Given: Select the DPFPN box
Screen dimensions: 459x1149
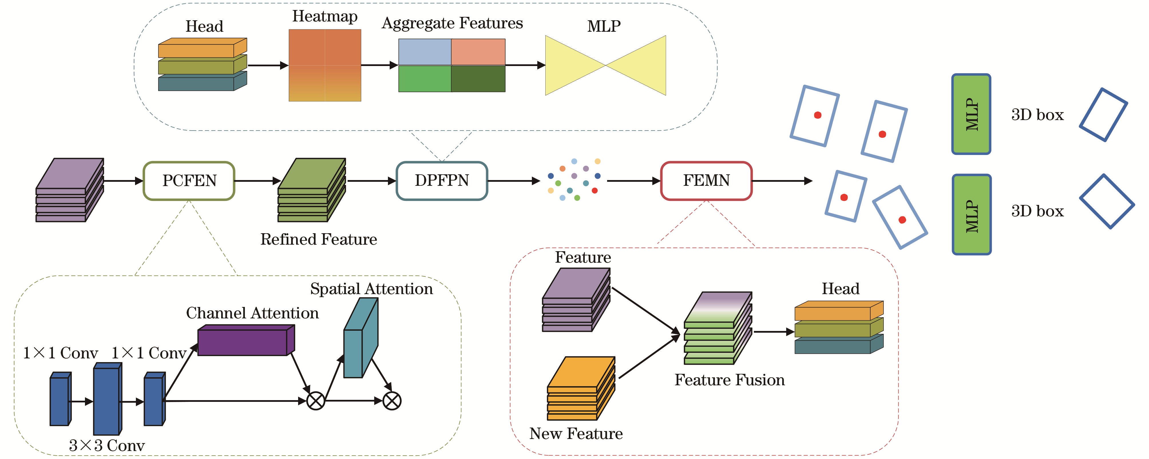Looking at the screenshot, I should (441, 180).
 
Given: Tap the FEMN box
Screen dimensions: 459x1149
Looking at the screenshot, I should (706, 180).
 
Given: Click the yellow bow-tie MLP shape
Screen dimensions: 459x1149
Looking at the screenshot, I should (605, 65).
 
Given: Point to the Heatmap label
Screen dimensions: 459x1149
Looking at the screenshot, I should (325, 16).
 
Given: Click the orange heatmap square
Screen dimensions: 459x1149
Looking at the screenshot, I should (325, 65).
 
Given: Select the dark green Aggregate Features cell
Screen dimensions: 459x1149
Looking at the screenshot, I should (478, 79).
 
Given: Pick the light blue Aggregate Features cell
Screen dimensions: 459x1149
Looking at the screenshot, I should (425, 52).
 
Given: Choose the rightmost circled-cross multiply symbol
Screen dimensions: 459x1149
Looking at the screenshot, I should (392, 401).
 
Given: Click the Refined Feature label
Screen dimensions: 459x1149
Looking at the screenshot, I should (318, 239).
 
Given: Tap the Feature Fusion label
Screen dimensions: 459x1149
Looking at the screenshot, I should (729, 380).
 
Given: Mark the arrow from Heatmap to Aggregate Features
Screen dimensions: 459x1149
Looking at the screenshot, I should (379, 65).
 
